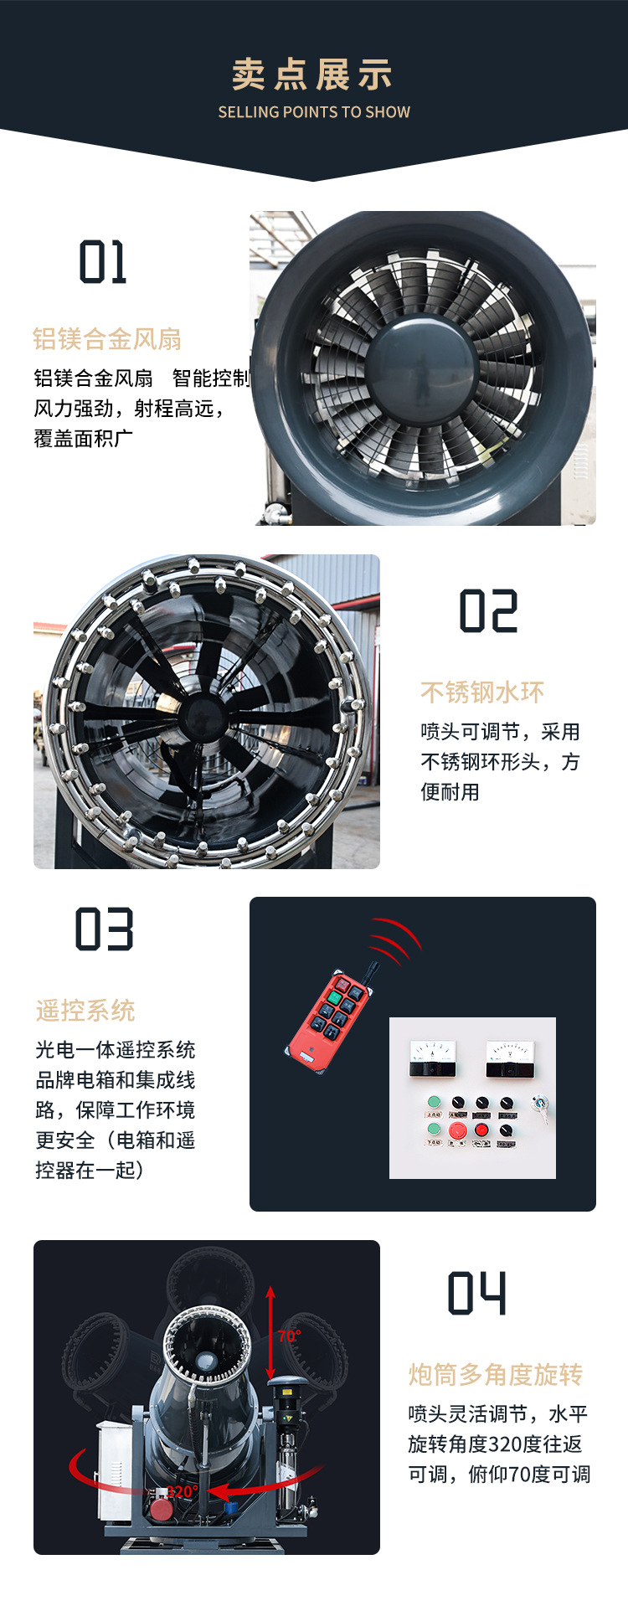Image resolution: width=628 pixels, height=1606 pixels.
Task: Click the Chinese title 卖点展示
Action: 312,75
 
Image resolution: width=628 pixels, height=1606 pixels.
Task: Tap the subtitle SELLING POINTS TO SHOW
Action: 314,112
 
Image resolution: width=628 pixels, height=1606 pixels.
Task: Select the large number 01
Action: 103,262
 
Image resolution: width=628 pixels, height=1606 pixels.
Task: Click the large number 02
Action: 489,610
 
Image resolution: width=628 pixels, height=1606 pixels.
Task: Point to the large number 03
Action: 104,929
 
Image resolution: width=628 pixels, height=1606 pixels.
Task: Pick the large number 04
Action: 477,1293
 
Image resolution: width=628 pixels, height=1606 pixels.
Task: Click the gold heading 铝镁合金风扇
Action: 107,339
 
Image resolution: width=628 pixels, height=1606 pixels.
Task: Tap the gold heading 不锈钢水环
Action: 482,692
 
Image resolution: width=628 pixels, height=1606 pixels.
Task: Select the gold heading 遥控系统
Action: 85,1011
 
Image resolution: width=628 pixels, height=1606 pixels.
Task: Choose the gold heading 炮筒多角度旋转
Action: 496,1374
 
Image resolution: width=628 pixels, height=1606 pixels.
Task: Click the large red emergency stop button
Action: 458,1131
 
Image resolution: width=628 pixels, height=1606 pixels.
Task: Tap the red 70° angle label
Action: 290,1336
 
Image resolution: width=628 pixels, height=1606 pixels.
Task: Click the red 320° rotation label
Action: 183,1491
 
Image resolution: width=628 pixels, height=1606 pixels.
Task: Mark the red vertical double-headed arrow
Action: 270,1332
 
